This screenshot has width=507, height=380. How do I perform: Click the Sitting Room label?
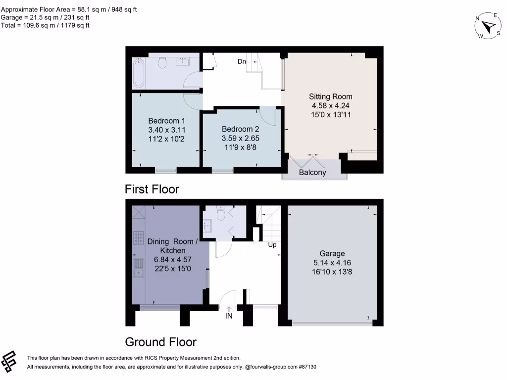331,96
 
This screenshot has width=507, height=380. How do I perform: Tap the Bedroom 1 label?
167,121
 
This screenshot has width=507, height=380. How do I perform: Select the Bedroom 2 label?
241,129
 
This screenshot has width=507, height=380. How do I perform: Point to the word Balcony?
312,173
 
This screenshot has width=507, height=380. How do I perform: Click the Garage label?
332,253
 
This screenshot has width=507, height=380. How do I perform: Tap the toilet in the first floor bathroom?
162,63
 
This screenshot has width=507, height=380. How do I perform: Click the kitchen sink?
139,268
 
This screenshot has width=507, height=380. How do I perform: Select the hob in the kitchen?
138,238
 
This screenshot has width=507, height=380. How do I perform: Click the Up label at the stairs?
272,244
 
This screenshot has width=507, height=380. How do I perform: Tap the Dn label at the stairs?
242,61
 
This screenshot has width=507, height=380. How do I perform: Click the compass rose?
488,27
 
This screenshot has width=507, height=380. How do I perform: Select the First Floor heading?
152,189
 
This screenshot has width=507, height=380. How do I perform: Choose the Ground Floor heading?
160,342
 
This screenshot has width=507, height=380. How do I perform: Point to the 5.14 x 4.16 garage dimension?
332,263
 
